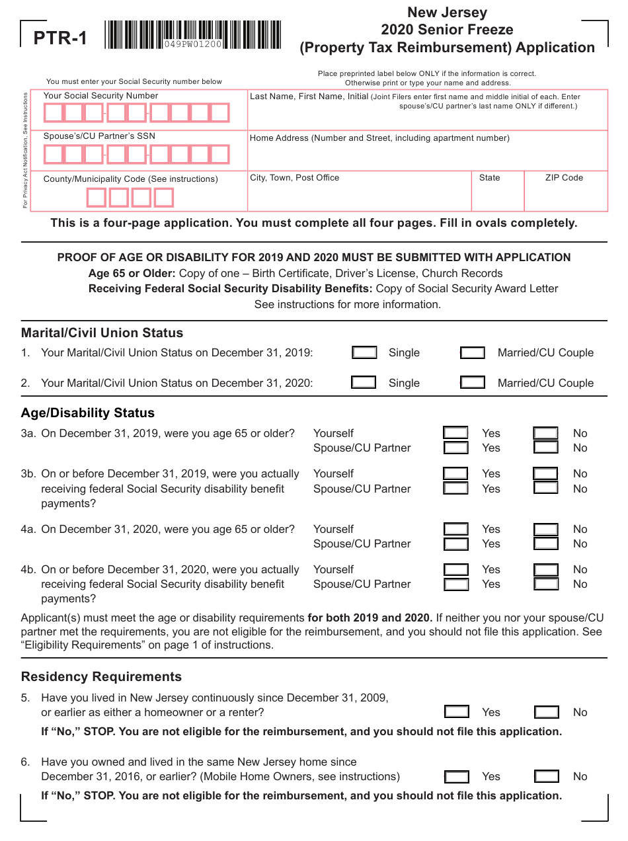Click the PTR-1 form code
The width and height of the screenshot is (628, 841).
coord(60,38)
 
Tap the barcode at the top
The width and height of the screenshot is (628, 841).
coord(192,35)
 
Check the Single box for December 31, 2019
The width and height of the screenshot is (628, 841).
coord(364,352)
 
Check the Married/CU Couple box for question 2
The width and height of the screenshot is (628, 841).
coord(472,383)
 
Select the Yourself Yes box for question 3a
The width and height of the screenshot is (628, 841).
coord(455,433)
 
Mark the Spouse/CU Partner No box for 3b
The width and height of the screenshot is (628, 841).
coord(545,489)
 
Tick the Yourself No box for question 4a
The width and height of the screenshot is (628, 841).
coord(545,529)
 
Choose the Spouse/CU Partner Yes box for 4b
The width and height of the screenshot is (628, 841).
coord(455,584)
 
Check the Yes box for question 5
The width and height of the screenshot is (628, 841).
coord(456,712)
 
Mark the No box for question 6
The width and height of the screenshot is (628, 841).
coord(546,776)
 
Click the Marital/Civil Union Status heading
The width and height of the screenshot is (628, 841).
coord(102,333)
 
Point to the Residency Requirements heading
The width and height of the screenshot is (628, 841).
coord(101,676)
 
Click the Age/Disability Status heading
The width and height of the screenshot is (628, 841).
coord(88,413)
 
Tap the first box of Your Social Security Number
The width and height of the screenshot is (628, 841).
coord(54,113)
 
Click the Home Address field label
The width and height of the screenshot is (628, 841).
coord(379,138)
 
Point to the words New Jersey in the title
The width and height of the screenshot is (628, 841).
coord(447,12)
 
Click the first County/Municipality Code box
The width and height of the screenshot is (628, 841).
coord(97,198)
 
